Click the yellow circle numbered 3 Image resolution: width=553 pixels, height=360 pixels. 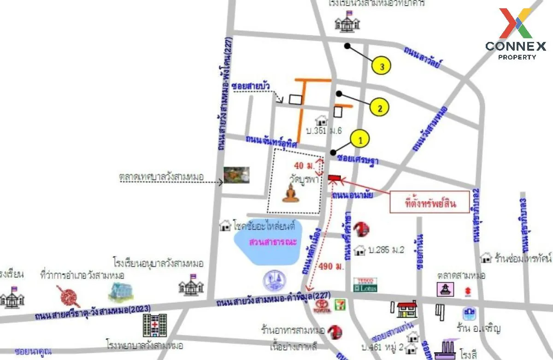click(382, 66)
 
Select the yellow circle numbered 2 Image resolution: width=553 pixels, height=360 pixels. click(379, 108)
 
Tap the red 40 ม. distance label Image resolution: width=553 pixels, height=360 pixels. click(304, 165)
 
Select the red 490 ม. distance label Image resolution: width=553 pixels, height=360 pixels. click(332, 267)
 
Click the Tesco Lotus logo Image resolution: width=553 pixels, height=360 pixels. click(365, 284)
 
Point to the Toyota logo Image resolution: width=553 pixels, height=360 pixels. click(322, 306)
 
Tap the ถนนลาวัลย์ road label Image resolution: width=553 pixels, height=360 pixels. click(423, 56)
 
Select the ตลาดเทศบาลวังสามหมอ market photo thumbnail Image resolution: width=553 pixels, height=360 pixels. click(236, 175)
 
